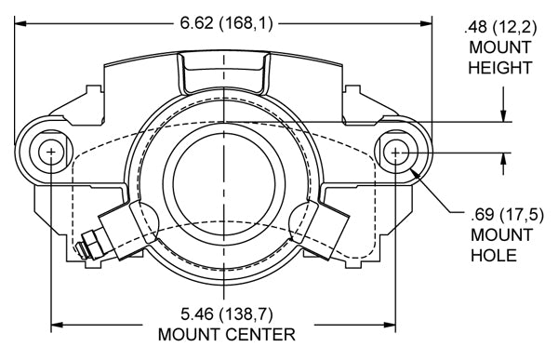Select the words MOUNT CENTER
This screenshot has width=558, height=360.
(227, 335)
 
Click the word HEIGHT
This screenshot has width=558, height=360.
(500, 68)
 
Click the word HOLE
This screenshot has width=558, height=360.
(494, 255)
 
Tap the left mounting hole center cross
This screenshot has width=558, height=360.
(51, 153)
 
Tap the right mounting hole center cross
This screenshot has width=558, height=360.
(395, 153)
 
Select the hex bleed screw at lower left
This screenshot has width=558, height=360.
(89, 246)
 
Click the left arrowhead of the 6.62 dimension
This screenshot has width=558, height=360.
(20, 24)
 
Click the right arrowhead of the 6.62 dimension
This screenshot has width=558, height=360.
(426, 24)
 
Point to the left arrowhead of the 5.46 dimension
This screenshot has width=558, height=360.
(57, 325)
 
